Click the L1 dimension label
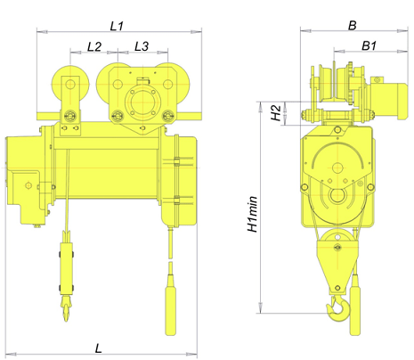click(117, 26)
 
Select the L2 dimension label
click(94, 46)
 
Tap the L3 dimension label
click(142, 46)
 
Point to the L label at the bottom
click(98, 348)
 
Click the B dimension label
click(352, 26)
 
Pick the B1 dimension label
click(369, 45)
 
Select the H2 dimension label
click(276, 112)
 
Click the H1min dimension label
click(253, 214)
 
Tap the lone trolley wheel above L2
click(70, 85)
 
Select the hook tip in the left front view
click(66, 321)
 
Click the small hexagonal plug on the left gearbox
click(28, 185)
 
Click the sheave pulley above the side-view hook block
click(337, 241)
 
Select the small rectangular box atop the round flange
click(142, 81)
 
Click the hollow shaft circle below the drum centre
click(337, 195)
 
